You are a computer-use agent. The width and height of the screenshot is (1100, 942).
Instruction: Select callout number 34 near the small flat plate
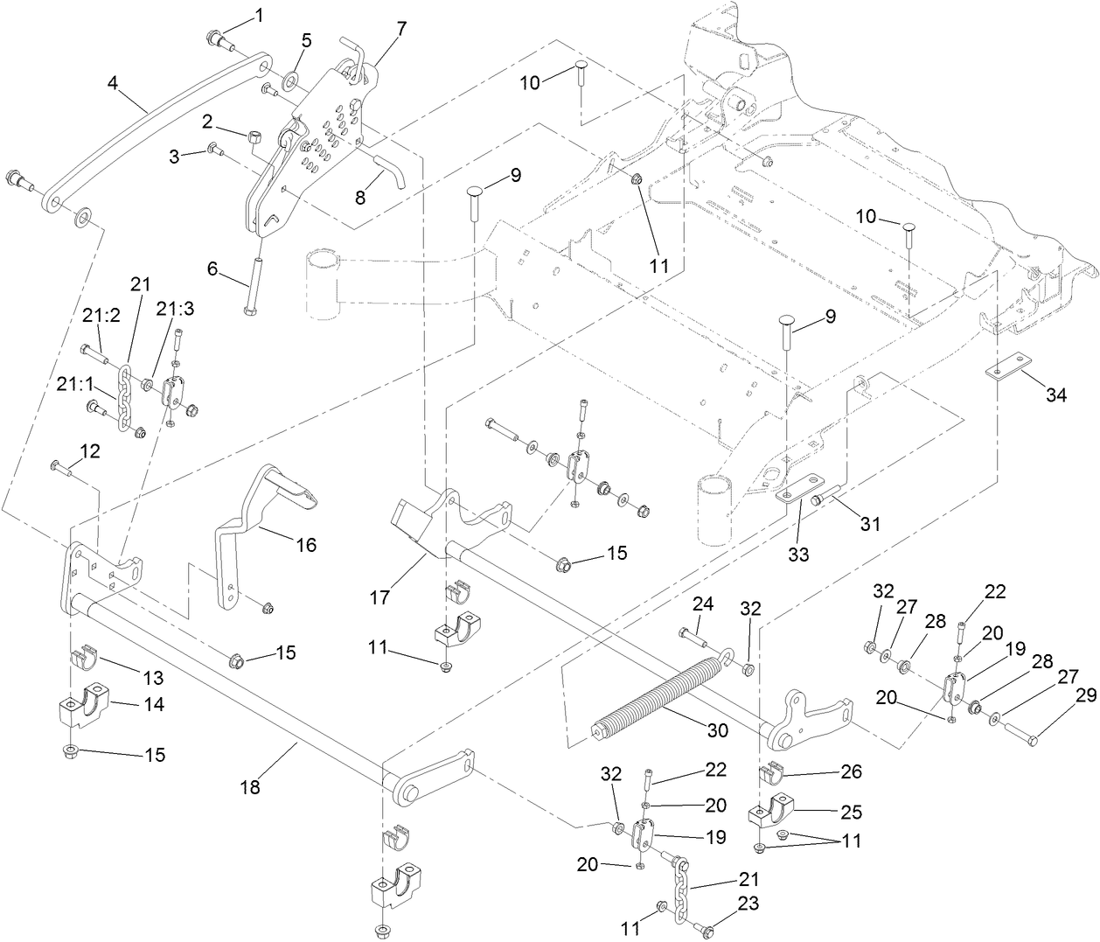(1056, 395)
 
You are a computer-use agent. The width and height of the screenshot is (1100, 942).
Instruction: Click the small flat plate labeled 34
(1005, 371)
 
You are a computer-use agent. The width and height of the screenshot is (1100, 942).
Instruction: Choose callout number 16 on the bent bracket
(305, 545)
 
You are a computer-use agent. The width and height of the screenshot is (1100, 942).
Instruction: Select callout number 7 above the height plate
(400, 28)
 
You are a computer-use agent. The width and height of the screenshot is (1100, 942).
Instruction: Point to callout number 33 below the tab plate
(798, 554)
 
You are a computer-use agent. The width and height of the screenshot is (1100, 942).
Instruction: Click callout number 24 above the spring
(703, 603)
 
